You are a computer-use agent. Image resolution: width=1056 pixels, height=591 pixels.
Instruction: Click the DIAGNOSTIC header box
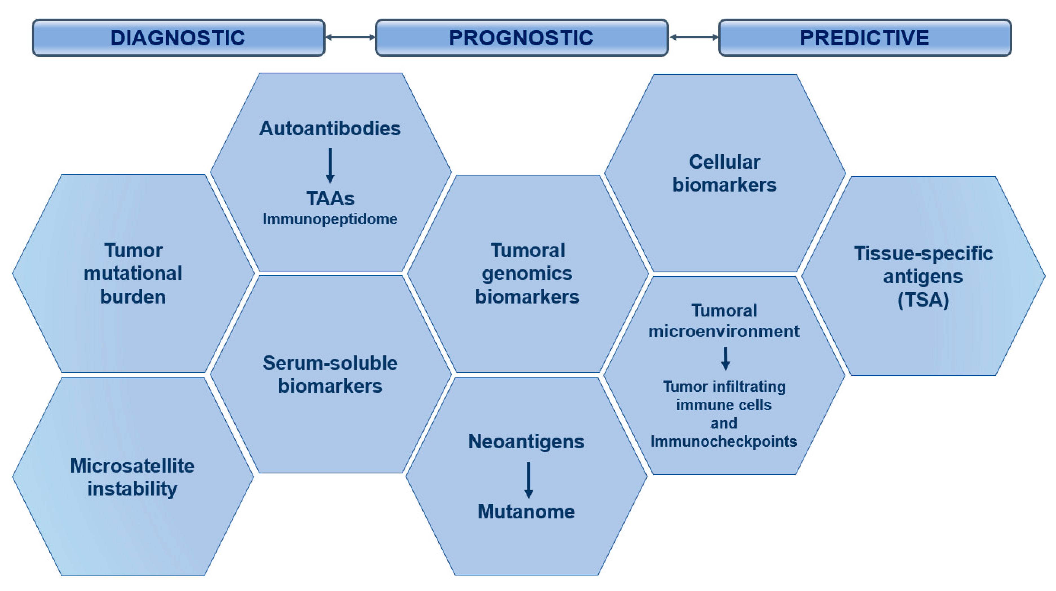[178, 37]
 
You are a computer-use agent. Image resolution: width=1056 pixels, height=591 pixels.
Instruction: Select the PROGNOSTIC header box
[522, 37]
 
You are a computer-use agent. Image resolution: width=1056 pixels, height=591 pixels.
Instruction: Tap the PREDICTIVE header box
[865, 37]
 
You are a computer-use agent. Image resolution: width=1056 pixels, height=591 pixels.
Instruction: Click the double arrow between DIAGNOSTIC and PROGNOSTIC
[350, 37]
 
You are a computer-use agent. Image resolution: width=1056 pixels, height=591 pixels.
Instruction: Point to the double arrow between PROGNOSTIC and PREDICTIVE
[693, 37]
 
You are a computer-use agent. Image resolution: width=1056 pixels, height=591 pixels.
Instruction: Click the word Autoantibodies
[330, 128]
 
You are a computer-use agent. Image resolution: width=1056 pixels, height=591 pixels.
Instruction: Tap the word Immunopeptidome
[330, 219]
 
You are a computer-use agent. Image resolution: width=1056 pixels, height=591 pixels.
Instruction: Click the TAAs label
[330, 199]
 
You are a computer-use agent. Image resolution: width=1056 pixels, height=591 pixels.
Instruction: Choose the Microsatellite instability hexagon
[133, 477]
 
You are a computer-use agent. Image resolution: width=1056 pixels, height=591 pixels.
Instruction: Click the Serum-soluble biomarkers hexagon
[330, 374]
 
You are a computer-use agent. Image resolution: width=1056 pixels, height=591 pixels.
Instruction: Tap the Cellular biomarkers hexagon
[724, 173]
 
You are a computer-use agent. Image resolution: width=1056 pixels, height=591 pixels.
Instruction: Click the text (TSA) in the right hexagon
[923, 300]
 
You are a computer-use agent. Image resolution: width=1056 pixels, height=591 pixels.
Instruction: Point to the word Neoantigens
[526, 442]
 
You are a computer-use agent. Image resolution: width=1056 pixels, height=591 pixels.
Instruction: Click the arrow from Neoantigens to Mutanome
[529, 480]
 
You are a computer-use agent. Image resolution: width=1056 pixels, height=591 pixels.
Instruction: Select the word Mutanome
[526, 511]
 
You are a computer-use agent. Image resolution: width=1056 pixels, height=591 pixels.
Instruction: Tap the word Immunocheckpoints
[724, 442]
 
